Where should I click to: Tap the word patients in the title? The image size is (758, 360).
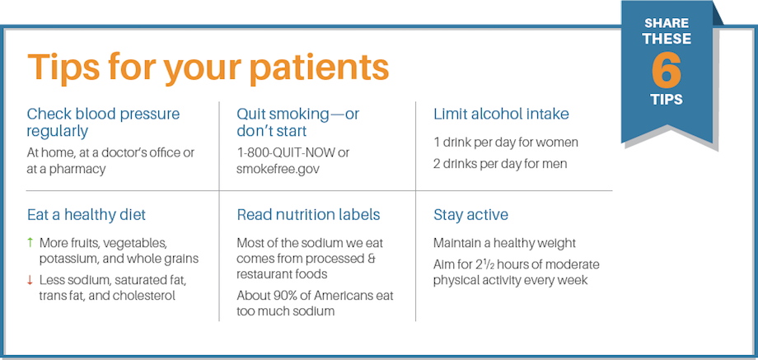coord(320,68)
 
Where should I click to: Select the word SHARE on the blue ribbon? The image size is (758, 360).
coord(667,24)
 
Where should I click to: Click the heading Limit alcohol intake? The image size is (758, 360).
coord(501,114)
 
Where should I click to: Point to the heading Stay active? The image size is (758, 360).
coord(470,215)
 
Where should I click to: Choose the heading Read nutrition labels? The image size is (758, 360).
coord(308,215)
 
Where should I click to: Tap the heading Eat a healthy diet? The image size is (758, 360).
coord(86,215)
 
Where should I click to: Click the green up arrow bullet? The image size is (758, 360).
coord(30,242)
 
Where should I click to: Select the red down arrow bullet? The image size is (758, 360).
coord(30,279)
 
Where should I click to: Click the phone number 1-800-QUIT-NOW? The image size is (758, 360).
coord(286,153)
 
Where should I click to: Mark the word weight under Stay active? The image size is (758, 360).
coord(559,242)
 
